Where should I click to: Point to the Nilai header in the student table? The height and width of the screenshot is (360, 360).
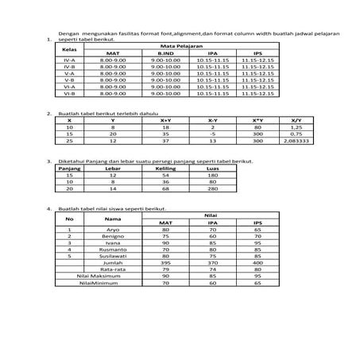coord(211,215)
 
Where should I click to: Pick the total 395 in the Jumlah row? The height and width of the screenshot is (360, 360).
coord(165,262)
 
